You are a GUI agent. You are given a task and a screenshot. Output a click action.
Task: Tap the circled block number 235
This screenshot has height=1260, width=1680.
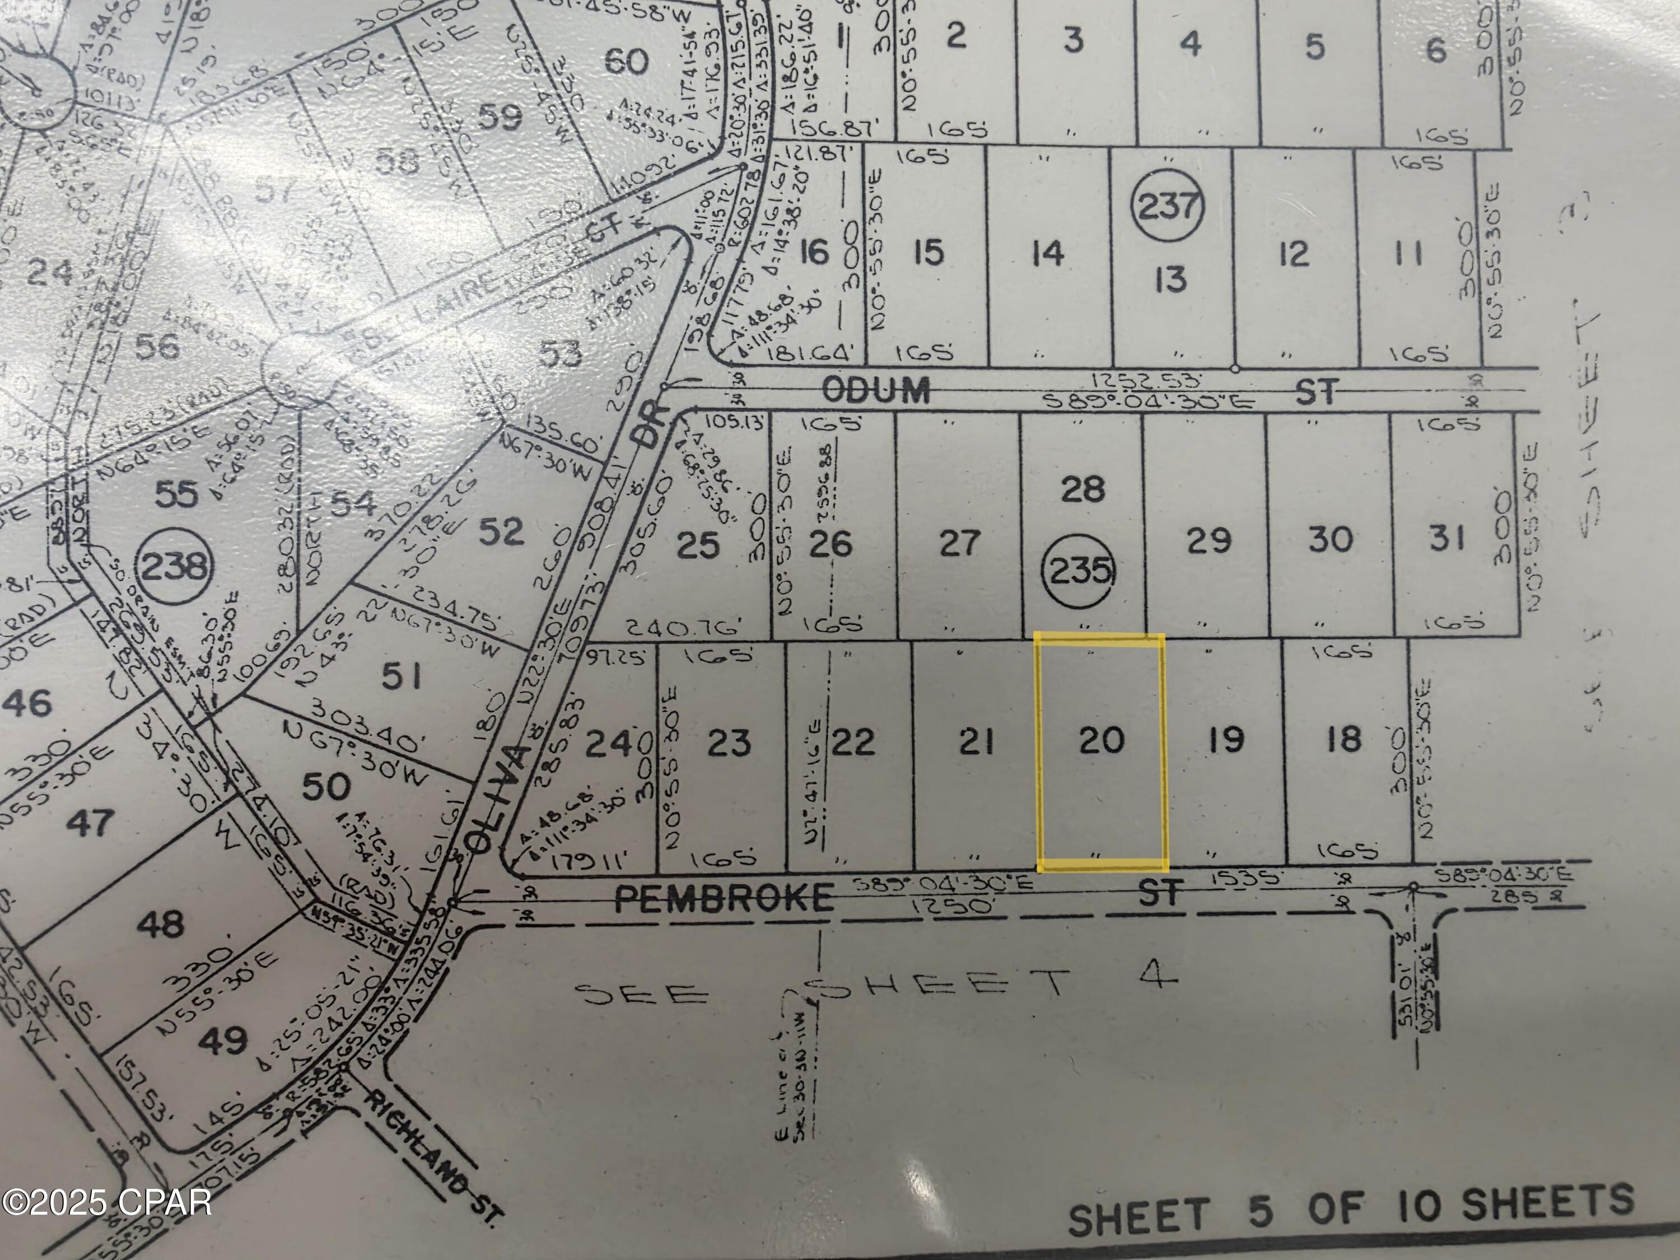(1079, 571)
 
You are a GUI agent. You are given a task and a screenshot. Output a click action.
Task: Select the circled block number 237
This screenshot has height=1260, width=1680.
(1168, 207)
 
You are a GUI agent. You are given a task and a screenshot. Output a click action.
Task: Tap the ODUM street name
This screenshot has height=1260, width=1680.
(876, 390)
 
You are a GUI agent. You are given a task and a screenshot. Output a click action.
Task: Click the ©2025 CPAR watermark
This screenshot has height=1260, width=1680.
(107, 1202)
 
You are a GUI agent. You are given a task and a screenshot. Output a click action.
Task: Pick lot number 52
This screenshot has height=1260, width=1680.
(501, 531)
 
